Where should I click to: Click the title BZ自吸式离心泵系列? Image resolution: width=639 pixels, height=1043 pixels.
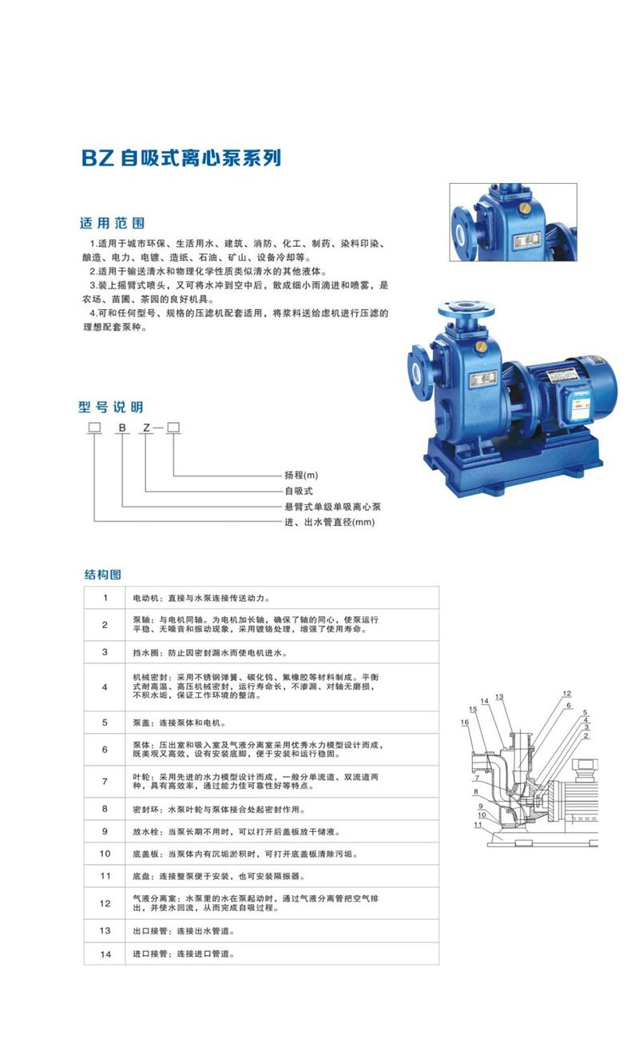point(181,158)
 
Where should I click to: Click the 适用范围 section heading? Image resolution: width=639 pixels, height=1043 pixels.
point(112,223)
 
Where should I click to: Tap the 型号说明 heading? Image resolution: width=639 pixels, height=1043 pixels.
point(111,407)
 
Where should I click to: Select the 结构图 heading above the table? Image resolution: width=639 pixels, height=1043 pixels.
point(103,575)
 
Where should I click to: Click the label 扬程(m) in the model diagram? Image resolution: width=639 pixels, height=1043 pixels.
point(301,475)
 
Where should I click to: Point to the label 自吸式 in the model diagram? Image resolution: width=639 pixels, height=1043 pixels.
point(299,491)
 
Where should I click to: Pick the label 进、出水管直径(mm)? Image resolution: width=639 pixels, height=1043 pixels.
point(330,522)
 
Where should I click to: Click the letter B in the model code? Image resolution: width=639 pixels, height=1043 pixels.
point(122,428)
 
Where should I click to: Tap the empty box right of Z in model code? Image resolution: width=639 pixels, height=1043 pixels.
point(173,428)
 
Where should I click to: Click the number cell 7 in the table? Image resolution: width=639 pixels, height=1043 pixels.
point(105,782)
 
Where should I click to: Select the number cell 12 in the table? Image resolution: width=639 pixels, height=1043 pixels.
point(105,903)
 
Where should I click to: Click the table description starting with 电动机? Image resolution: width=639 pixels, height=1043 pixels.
point(201,598)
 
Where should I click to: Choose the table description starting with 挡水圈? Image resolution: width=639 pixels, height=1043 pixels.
point(210,653)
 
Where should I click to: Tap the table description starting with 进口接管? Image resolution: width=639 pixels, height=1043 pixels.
point(184,954)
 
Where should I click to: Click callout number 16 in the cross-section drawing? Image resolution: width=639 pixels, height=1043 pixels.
point(465,723)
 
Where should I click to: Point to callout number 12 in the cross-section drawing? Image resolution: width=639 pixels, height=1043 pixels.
point(566,693)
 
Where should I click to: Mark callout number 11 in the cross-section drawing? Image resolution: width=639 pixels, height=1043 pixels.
point(478,825)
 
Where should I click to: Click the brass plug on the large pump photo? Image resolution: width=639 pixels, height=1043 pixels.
point(481,345)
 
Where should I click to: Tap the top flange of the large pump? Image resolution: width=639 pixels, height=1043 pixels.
point(466,309)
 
